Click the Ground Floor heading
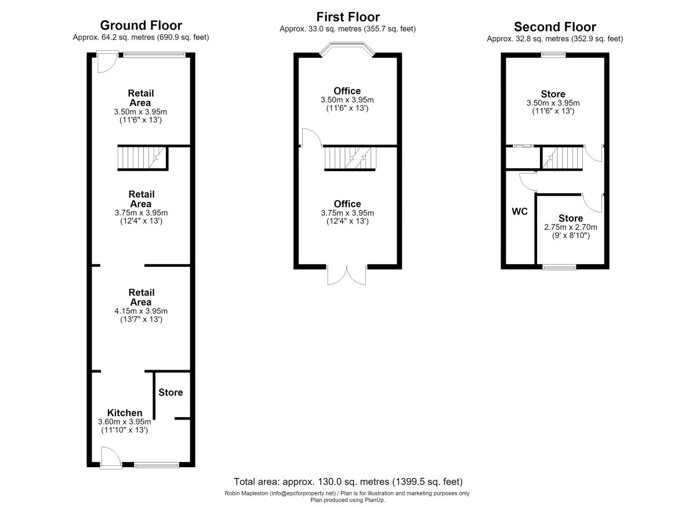141,26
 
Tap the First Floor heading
348,17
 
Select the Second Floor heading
555,27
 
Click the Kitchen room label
125,413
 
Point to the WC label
520,212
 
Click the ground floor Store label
171,392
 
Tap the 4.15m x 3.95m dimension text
141,311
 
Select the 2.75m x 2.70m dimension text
571,227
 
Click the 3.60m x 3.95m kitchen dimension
124,422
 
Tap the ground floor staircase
142,158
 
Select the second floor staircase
562,158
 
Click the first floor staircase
350,158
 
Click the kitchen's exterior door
111,458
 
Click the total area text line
348,482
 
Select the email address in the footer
303,493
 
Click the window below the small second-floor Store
559,267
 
